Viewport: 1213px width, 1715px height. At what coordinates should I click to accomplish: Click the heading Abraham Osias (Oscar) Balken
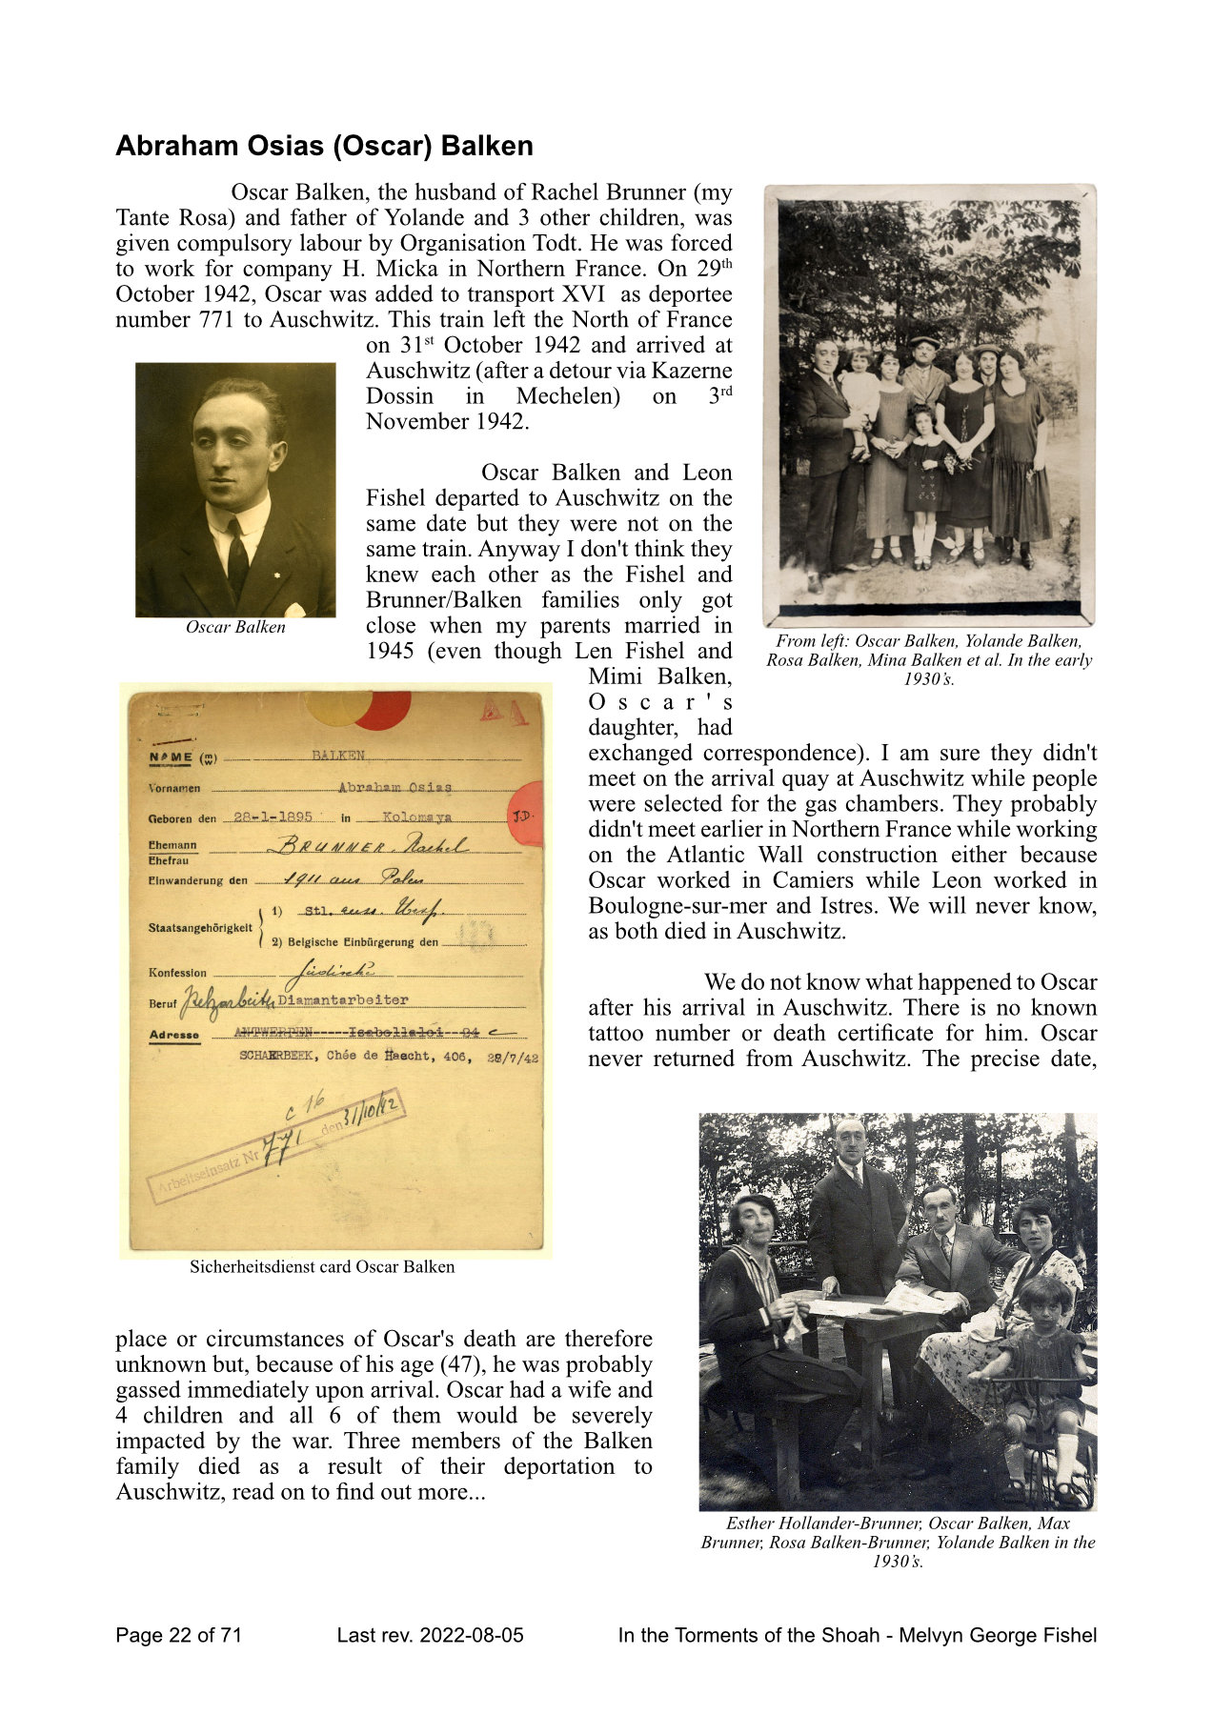pyautogui.click(x=324, y=147)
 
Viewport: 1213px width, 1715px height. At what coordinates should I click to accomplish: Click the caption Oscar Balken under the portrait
pyautogui.click(x=235, y=627)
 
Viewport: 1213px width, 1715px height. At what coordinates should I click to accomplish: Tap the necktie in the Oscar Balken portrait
pyautogui.click(x=237, y=558)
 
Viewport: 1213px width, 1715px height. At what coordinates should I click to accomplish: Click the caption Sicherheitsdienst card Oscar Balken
pyautogui.click(x=322, y=1267)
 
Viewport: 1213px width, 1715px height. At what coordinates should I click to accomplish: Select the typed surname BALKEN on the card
pyautogui.click(x=338, y=756)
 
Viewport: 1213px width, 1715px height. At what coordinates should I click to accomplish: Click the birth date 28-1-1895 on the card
pyautogui.click(x=273, y=817)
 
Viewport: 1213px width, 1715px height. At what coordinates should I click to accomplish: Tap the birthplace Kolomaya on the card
pyautogui.click(x=417, y=817)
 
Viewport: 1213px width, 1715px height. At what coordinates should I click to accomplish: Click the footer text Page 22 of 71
pyautogui.click(x=179, y=1636)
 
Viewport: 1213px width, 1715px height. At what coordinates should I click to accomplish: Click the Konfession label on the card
pyautogui.click(x=177, y=973)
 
